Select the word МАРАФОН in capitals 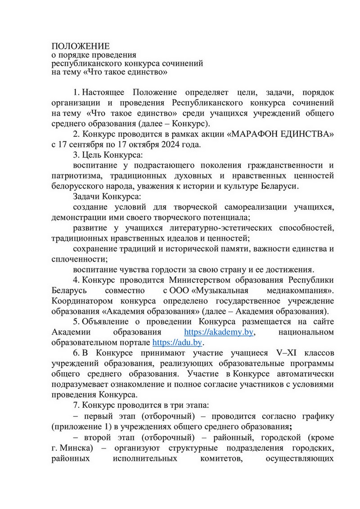click(x=252, y=134)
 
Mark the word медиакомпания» click(x=302, y=290)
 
